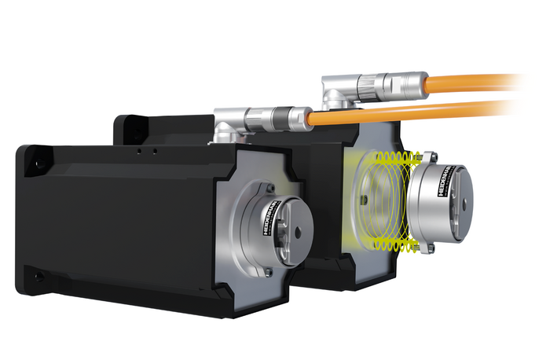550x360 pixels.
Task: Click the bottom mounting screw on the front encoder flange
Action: pyautogui.click(x=268, y=272)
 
